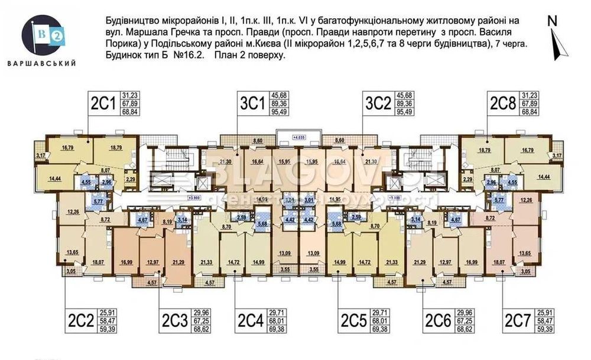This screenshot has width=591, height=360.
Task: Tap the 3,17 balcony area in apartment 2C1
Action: click(40, 155)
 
